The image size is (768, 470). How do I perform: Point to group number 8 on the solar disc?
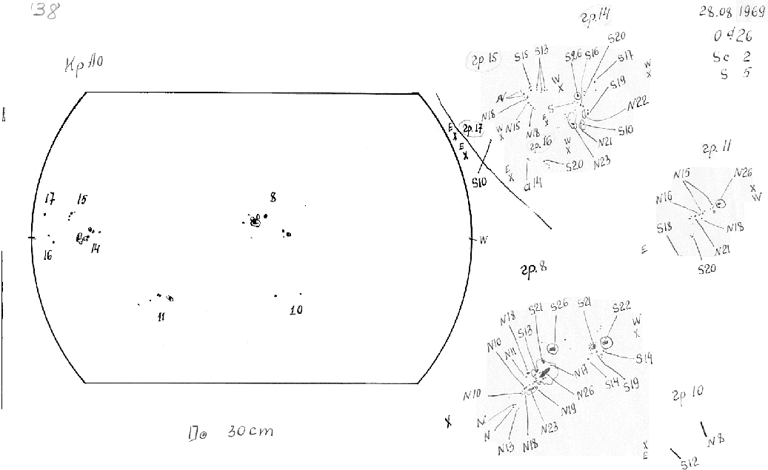tap(273, 197)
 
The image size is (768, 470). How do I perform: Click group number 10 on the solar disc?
tap(295, 310)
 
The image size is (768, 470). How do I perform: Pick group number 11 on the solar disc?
tap(161, 318)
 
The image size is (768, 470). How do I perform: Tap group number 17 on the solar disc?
tap(50, 198)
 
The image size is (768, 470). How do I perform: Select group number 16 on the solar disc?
tap(47, 255)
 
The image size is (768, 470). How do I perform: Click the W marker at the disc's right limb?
tap(484, 239)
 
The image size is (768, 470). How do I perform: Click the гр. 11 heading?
tap(718, 147)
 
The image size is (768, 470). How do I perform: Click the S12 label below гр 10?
tap(689, 463)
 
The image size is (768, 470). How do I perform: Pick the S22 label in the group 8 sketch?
tap(621, 306)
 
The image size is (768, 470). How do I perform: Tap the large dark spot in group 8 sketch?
tap(546, 373)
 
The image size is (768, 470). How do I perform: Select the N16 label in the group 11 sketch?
tap(664, 198)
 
